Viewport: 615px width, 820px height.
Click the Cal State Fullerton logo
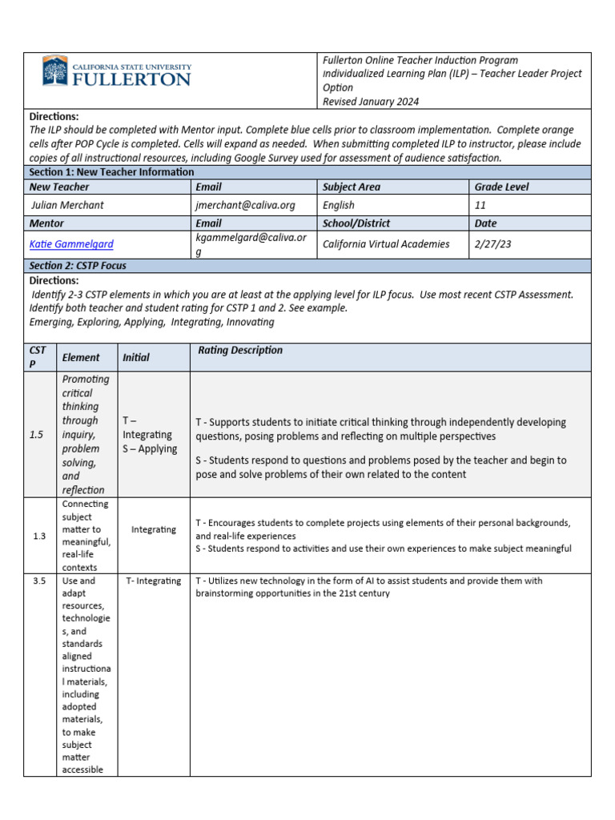tap(117, 72)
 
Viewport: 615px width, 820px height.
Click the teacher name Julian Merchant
tap(67, 205)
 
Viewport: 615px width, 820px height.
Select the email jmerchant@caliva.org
tap(245, 205)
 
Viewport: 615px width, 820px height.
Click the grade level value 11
tap(480, 205)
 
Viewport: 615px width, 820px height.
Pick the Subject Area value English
tap(339, 205)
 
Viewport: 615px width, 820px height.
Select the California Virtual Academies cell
tap(386, 243)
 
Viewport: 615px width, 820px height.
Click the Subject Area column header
tap(352, 187)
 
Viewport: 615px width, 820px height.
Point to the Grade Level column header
tap(502, 187)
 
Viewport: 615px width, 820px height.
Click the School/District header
tap(357, 223)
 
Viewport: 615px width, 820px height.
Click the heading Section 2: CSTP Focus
tap(78, 265)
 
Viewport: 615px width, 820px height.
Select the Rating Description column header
tap(240, 350)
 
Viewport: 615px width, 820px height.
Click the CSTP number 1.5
tap(37, 434)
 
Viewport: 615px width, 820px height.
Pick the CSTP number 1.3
tap(40, 536)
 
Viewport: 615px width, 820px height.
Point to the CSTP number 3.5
tap(40, 581)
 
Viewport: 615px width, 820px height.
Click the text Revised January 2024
tap(370, 102)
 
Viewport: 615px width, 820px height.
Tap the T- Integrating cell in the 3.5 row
tap(154, 581)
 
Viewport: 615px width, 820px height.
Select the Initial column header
tap(136, 357)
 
